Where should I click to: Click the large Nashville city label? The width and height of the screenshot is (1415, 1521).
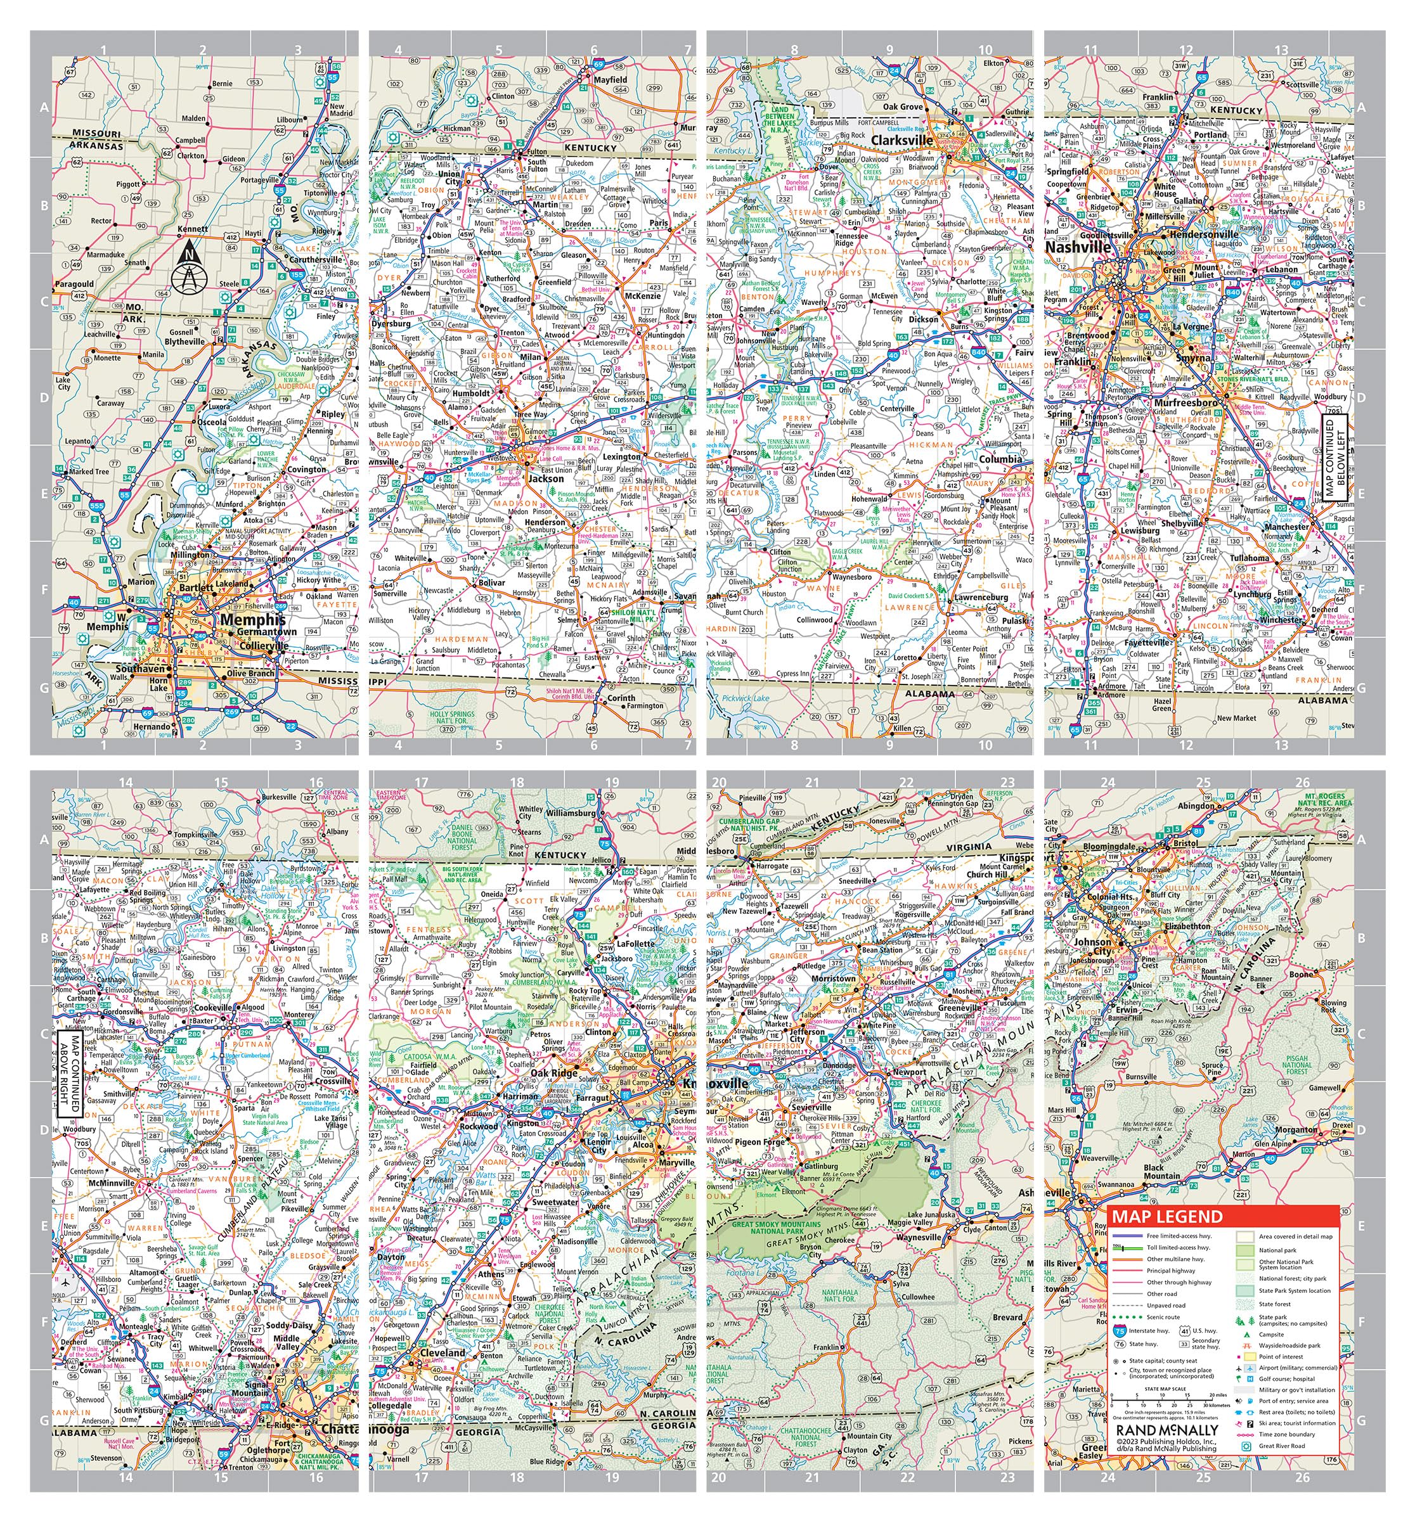pyautogui.click(x=1078, y=248)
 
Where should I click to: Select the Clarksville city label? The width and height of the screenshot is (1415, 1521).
pyautogui.click(x=901, y=141)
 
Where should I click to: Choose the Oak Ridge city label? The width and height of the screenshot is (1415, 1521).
pyautogui.click(x=554, y=1074)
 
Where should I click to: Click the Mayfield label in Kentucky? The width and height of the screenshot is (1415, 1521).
pyautogui.click(x=610, y=80)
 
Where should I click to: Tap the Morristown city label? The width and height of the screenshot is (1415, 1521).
pyautogui.click(x=832, y=979)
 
